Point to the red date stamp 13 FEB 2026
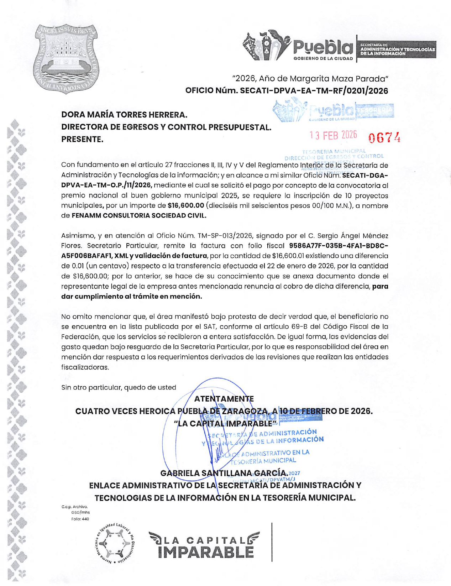tap(333, 135)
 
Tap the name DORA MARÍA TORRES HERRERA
tap(124, 115)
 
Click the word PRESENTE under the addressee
tap(82, 140)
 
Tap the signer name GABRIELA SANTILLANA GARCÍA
tap(224, 473)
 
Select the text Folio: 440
tap(80, 519)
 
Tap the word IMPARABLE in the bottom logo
tap(206, 552)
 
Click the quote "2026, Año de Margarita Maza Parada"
tap(310, 78)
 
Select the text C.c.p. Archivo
tap(74, 507)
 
